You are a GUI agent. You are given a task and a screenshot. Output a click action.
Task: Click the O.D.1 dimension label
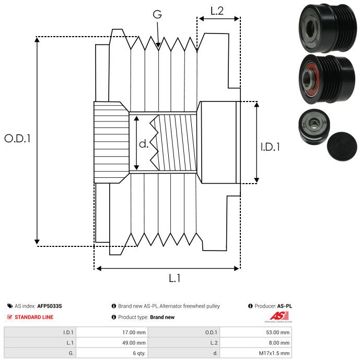[18, 139]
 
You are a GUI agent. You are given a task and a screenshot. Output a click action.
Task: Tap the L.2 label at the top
[217, 10]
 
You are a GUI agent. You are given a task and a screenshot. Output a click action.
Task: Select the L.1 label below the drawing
[175, 279]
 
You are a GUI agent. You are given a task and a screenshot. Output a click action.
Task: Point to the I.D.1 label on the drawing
[270, 148]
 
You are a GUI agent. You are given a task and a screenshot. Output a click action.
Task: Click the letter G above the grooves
[157, 15]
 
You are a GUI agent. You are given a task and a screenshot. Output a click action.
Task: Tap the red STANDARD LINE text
[34, 317]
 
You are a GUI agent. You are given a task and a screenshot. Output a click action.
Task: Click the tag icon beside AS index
[10, 306]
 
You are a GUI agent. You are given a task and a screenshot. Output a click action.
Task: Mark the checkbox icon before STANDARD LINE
[10, 317]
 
